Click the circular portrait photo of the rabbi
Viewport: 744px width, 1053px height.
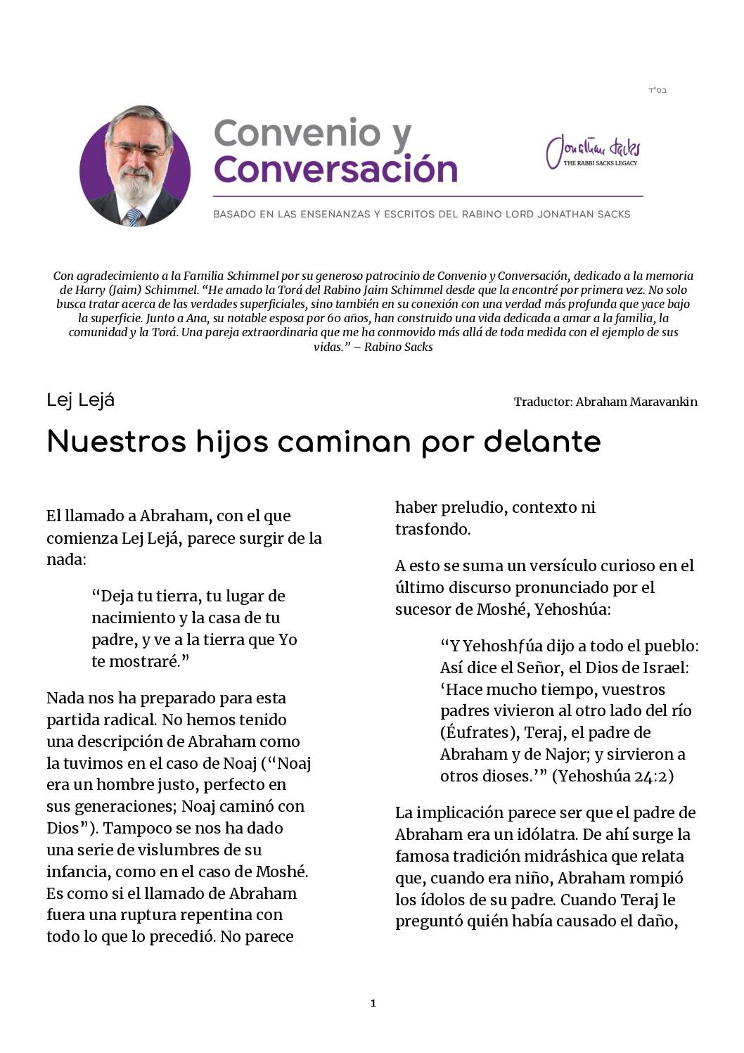[x=135, y=166]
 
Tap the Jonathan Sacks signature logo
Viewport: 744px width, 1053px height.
[x=593, y=151]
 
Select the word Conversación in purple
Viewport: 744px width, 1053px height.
[x=335, y=169]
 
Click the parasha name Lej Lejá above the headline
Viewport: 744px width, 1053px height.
[x=80, y=400]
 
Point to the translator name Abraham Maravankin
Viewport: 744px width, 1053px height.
[x=636, y=402]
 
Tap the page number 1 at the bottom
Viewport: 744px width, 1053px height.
[x=373, y=1003]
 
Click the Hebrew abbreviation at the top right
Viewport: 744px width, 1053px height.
[x=657, y=91]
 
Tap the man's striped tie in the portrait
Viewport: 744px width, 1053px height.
[x=134, y=217]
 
